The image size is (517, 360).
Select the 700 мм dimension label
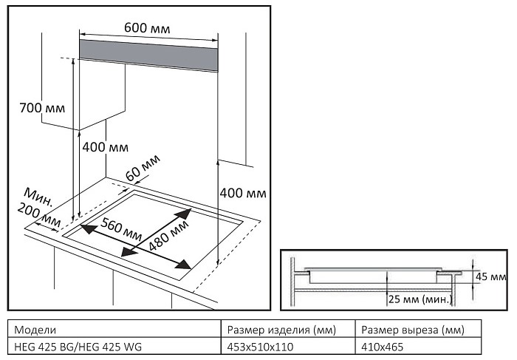pyautogui.click(x=42, y=109)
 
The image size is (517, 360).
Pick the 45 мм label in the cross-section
pyautogui.click(x=492, y=276)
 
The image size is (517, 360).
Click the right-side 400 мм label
pyautogui.click(x=243, y=193)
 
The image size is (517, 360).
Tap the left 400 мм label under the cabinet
pyautogui.click(x=105, y=146)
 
